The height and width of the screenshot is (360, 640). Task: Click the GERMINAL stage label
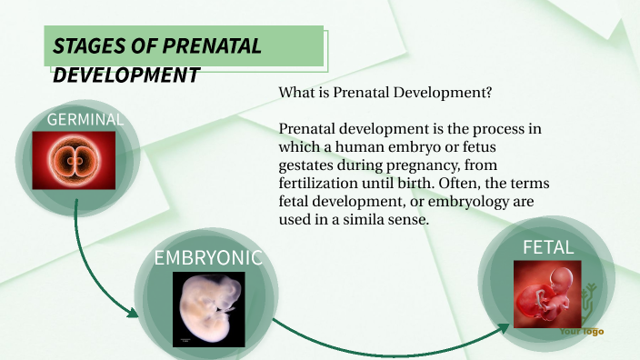pyautogui.click(x=85, y=120)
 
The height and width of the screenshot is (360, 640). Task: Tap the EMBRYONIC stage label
pyautogui.click(x=208, y=258)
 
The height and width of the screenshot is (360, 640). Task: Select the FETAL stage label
pyautogui.click(x=548, y=247)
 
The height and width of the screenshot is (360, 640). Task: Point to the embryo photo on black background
pyautogui.click(x=208, y=309)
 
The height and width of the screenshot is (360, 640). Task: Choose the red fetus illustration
pyautogui.click(x=547, y=294)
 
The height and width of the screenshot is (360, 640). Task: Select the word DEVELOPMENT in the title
pyautogui.click(x=126, y=75)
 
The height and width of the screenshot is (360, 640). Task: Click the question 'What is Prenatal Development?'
pyautogui.click(x=385, y=94)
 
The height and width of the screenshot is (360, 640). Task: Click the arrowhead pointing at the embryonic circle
pyautogui.click(x=132, y=315)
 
